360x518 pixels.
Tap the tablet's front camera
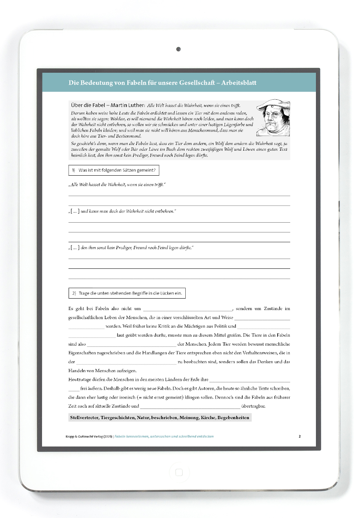click(178, 49)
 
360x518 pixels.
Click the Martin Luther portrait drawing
click(273, 118)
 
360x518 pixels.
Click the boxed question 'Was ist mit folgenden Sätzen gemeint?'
click(113, 170)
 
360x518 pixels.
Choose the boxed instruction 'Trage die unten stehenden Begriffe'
click(127, 293)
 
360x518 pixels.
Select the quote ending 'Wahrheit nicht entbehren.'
click(122, 211)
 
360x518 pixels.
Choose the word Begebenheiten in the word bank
click(233, 418)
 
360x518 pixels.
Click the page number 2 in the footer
click(300, 436)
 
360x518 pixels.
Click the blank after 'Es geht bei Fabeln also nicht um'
click(187, 309)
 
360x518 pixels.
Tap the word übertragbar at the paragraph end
click(253, 406)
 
